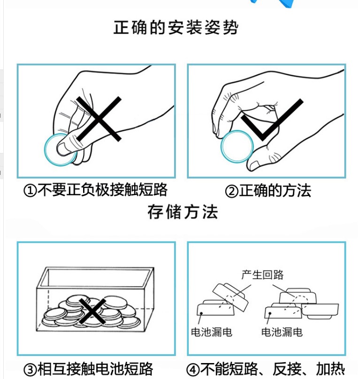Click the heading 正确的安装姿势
pyautogui.click(x=176, y=28)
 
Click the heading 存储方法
pyautogui.click(x=183, y=212)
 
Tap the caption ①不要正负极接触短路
pyautogui.click(x=96, y=190)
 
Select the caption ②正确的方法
pyautogui.click(x=268, y=190)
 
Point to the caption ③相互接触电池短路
pyautogui.click(x=88, y=369)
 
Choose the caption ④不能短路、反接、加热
pyautogui.click(x=266, y=369)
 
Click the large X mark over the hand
pyautogui.click(x=99, y=119)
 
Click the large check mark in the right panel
pyautogui.click(x=272, y=120)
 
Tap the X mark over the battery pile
pyautogui.click(x=92, y=311)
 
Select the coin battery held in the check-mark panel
pyautogui.click(x=237, y=146)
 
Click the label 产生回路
pyautogui.click(x=262, y=275)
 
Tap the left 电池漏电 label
pyautogui.click(x=212, y=332)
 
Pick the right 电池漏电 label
pyautogui.click(x=282, y=332)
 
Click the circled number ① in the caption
pyautogui.click(x=30, y=191)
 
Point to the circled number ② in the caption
pyautogui.click(x=231, y=191)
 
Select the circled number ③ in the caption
pyautogui.click(x=30, y=370)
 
